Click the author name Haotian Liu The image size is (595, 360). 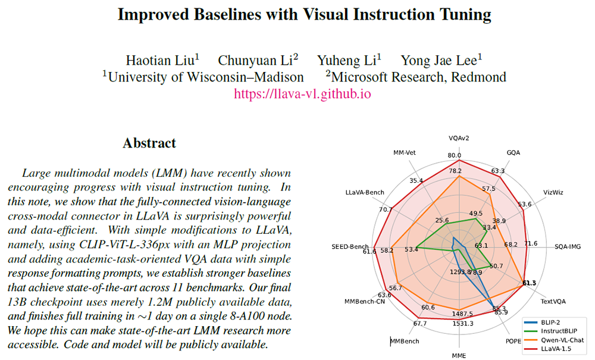[x=162, y=60]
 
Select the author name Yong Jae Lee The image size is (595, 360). [x=441, y=60]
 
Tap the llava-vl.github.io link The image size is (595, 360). [x=302, y=94]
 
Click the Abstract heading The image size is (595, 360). [x=149, y=143]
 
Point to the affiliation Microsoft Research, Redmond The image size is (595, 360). [x=416, y=77]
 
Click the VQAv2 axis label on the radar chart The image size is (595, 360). [x=458, y=138]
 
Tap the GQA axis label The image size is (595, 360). [x=513, y=152]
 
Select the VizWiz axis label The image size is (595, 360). [x=553, y=192]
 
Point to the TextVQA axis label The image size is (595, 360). [x=553, y=300]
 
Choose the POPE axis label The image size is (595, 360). [x=512, y=341]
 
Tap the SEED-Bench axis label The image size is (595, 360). [x=349, y=245]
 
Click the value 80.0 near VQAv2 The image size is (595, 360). [x=455, y=156]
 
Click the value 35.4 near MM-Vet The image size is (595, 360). [x=416, y=180]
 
